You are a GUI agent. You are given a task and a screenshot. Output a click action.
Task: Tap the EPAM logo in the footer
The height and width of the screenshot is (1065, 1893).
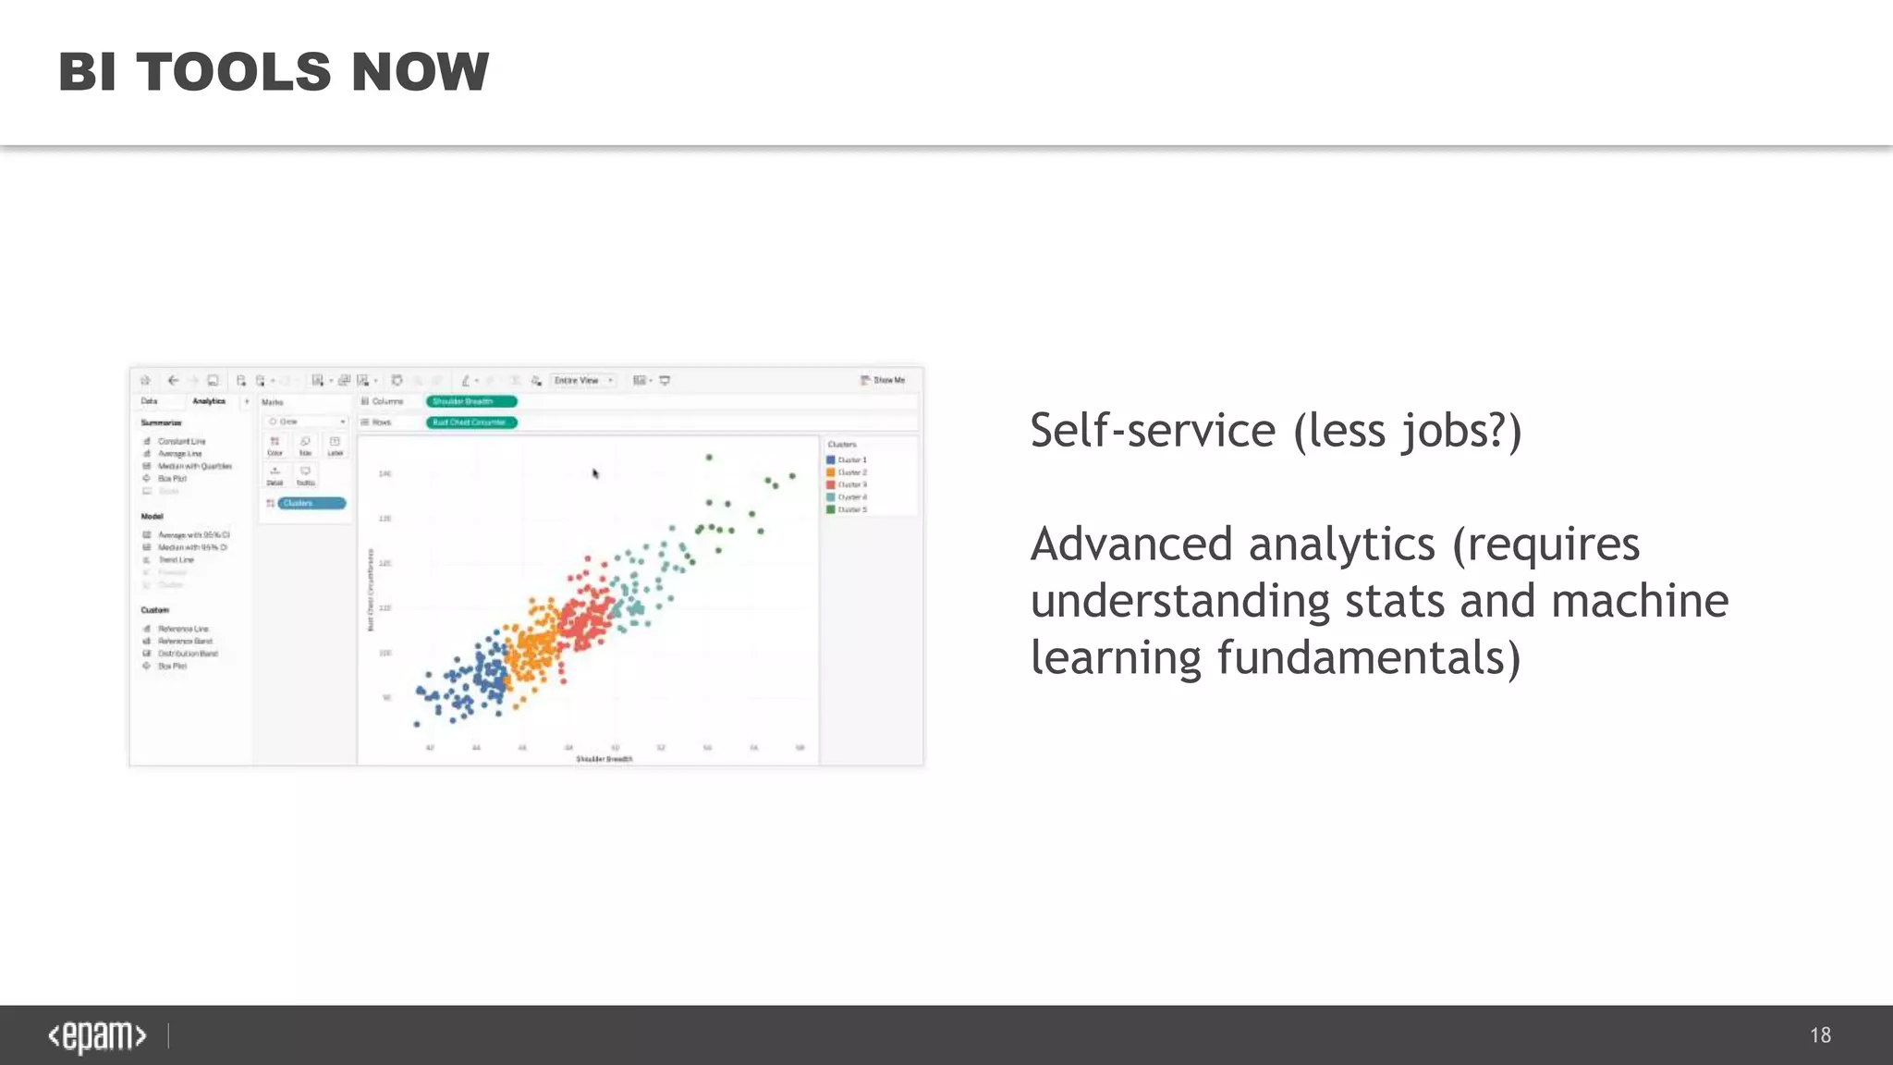(x=97, y=1036)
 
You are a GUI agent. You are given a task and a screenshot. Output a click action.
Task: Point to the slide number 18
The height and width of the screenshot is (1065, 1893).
(x=1820, y=1035)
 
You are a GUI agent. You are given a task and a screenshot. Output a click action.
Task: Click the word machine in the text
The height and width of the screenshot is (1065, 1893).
(x=1639, y=601)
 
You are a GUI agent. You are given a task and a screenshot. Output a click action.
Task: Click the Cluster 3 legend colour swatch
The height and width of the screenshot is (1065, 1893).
(x=831, y=484)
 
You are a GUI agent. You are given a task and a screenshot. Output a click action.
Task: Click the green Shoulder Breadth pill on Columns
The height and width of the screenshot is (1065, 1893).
(x=470, y=401)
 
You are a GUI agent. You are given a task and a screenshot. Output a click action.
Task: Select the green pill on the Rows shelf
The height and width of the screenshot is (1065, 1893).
(x=470, y=422)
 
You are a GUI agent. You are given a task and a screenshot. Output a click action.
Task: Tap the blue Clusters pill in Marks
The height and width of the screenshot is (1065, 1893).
(x=311, y=503)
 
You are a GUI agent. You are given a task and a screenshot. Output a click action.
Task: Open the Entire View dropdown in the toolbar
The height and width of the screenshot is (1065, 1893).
(x=583, y=380)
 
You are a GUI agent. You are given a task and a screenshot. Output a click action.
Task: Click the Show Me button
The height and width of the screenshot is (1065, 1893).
(x=883, y=380)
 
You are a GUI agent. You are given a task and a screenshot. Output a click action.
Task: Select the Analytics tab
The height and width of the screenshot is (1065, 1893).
(x=209, y=401)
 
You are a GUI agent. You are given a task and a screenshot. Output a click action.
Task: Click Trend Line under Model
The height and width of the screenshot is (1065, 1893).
(x=176, y=559)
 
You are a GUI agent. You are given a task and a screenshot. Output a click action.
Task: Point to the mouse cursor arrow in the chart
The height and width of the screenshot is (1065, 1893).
(x=595, y=472)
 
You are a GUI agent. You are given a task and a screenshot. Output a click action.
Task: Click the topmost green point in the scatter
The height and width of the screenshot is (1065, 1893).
(x=709, y=457)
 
